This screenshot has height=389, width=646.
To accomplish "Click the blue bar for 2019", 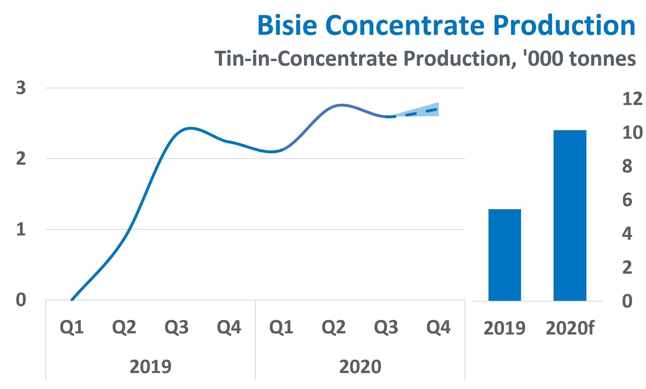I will (x=504, y=255).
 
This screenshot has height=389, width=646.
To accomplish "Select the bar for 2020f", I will (x=570, y=215).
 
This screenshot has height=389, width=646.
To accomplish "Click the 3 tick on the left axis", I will (x=21, y=88).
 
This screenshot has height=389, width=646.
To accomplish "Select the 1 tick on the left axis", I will (x=21, y=229).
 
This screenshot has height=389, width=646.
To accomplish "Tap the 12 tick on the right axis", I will (x=632, y=99).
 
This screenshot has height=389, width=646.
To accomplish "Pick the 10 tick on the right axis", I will (x=632, y=132).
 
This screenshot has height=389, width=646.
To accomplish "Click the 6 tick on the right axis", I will (x=627, y=200).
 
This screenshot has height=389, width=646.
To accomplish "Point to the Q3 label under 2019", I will (x=176, y=327).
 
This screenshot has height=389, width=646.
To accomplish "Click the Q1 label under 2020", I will (x=281, y=327).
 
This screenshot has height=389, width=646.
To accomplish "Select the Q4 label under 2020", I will (x=438, y=327).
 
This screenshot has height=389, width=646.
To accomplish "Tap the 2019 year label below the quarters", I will (x=150, y=366).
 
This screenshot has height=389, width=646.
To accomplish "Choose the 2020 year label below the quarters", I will (x=360, y=366).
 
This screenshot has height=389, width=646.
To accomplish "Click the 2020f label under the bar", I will (x=570, y=328).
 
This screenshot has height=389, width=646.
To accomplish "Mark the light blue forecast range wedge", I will (x=428, y=110).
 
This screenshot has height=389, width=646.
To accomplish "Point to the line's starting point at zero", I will (x=72, y=299).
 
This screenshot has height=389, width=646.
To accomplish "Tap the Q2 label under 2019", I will (x=124, y=327).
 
